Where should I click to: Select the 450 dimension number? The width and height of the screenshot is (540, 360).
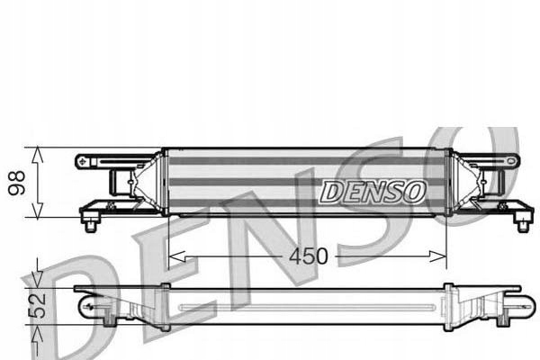point(308,256)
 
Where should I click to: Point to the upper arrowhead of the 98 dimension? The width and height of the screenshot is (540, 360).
point(37,154)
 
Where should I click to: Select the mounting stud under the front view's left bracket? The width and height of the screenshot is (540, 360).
point(89,223)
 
